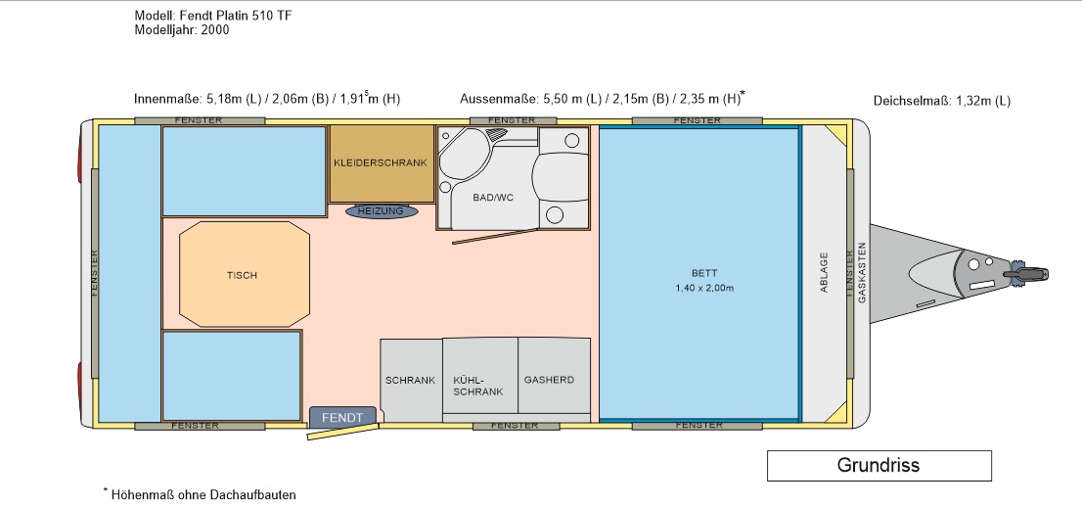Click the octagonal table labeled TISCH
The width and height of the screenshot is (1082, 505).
point(245,275)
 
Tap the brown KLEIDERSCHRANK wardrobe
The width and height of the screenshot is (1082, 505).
point(381,163)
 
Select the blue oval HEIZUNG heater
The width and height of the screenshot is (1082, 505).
point(381,211)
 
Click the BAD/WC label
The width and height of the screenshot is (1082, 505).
point(493,198)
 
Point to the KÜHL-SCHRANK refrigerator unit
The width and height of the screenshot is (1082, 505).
point(480,380)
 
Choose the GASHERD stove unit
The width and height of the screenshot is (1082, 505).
point(554,380)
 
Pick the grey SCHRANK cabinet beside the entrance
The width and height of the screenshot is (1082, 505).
point(411,380)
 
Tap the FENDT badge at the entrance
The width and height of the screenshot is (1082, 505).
point(342,417)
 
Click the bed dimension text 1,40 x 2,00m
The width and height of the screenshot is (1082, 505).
point(704,288)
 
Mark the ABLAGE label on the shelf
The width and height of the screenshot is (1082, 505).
point(824,272)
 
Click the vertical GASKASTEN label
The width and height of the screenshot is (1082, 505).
point(861,272)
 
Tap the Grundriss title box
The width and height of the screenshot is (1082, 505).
point(879,466)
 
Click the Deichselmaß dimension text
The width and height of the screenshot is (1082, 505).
point(942,101)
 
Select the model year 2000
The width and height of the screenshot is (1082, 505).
point(215,29)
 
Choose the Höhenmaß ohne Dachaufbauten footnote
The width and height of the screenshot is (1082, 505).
point(200,494)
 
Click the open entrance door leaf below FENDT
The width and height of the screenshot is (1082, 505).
point(343,432)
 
